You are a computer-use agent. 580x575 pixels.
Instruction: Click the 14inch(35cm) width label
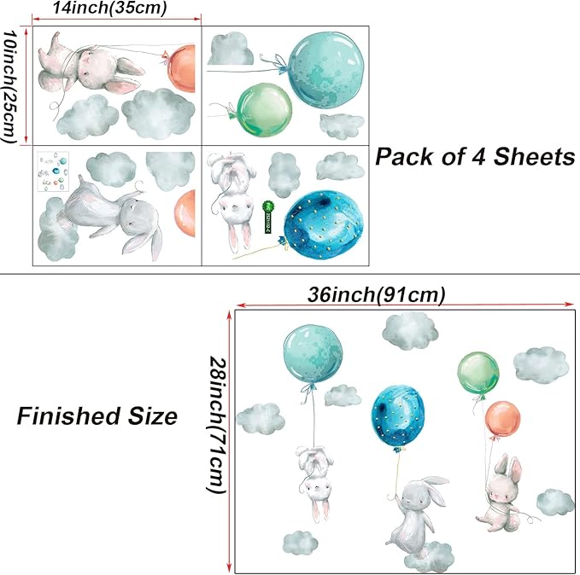[109, 9]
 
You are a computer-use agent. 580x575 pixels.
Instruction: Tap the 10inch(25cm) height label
[9, 86]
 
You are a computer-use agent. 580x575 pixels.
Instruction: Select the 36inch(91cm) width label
[376, 295]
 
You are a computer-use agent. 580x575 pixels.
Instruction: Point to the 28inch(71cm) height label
[216, 424]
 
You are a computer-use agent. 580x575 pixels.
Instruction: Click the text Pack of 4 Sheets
[475, 157]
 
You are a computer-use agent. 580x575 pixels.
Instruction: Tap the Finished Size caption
[97, 416]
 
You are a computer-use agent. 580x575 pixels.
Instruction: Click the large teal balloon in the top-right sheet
[326, 70]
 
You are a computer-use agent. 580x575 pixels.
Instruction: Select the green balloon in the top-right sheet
[265, 109]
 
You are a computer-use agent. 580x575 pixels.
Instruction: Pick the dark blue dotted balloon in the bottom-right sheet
[323, 225]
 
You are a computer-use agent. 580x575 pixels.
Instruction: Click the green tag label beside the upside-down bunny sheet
[267, 217]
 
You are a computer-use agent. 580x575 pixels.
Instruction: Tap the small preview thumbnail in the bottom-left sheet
[53, 171]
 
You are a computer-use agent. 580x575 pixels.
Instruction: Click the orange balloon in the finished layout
[502, 419]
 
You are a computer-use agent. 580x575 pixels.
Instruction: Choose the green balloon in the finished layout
[478, 373]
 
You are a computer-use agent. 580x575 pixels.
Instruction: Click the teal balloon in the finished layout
[313, 354]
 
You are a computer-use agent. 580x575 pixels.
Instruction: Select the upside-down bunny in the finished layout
[315, 483]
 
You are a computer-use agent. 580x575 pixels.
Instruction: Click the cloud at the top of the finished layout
[410, 331]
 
